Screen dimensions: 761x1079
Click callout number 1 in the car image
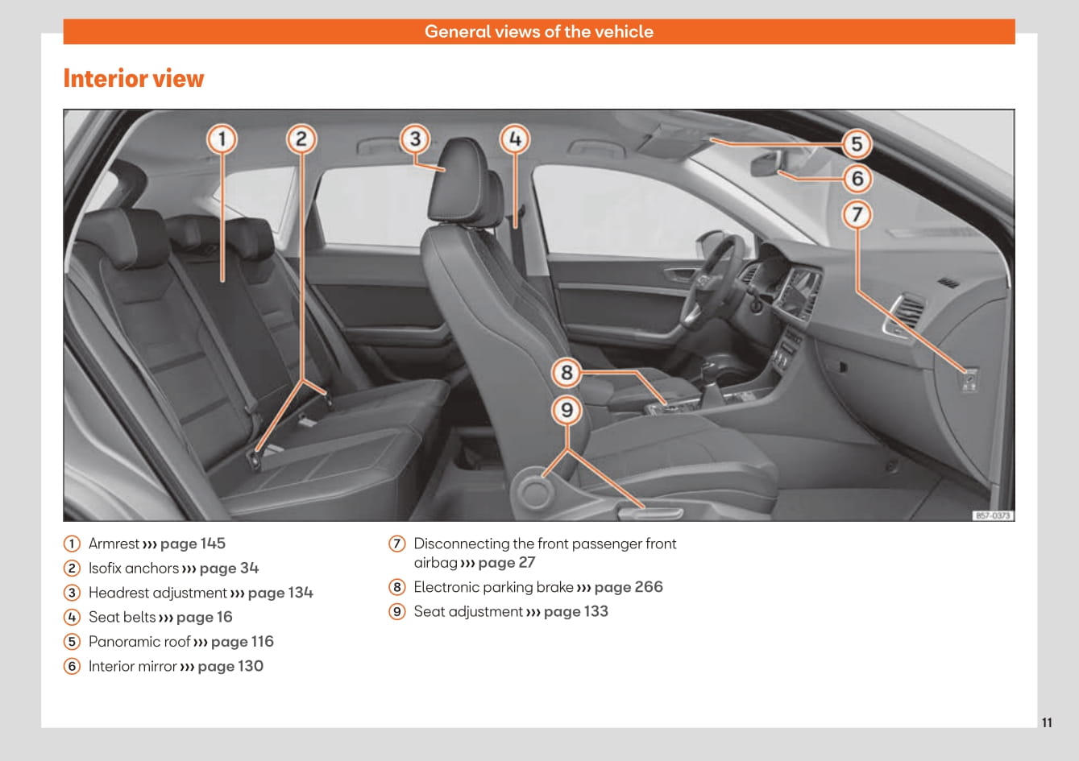tap(222, 139)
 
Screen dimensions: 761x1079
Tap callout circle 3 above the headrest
tap(415, 139)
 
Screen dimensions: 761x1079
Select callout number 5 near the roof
tap(857, 144)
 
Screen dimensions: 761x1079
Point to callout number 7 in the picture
tap(857, 214)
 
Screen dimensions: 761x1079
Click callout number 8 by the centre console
tap(566, 373)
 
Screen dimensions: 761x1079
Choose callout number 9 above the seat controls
tap(566, 411)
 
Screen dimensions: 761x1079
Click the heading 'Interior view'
tap(134, 79)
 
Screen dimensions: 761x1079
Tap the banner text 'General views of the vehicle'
tap(538, 31)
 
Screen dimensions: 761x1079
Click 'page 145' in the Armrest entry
tap(193, 544)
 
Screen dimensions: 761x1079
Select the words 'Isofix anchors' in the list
tap(134, 569)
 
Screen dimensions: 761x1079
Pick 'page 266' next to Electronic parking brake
tap(628, 587)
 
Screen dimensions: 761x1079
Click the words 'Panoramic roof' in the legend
tap(139, 642)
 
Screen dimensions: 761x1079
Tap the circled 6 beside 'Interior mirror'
tap(73, 666)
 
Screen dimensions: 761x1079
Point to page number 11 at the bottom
tap(1046, 722)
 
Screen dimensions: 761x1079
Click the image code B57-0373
tap(992, 515)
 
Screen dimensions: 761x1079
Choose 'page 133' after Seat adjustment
tap(575, 611)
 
